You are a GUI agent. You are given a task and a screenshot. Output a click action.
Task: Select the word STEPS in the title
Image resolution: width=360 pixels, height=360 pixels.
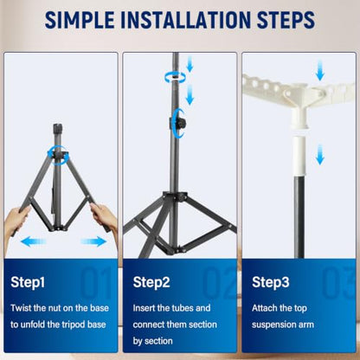coord(286,20)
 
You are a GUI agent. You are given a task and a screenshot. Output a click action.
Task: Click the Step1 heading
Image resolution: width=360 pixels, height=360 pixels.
coord(28,282)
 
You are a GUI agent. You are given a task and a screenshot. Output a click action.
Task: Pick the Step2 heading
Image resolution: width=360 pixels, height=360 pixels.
coord(151,282)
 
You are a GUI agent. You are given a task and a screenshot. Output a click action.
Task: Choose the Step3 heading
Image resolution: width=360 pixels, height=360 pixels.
coord(271,282)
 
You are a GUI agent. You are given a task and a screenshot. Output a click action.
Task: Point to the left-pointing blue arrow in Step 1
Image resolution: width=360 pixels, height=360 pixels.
coord(34,241)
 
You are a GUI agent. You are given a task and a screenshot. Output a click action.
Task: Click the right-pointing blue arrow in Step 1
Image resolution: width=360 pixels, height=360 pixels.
coord(93,241)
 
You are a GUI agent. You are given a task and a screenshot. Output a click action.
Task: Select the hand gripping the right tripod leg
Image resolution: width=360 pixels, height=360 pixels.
coord(104,218)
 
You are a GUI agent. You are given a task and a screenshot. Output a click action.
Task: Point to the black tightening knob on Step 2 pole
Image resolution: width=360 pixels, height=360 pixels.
coord(180,124)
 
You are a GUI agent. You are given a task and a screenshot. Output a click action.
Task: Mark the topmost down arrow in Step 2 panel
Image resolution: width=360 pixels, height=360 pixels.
coord(190,64)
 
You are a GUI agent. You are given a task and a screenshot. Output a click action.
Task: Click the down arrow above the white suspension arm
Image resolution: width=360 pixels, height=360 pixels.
coord(319,71)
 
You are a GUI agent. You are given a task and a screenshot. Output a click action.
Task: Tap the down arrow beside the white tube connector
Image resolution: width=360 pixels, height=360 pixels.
coord(320,155)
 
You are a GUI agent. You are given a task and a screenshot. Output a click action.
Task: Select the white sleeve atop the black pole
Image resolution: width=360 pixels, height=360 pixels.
coord(299,156)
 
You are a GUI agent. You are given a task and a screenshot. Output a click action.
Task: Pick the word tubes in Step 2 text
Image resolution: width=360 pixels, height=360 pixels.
coord(184,308)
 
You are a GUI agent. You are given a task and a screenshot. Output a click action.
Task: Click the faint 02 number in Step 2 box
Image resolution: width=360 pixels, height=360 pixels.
coord(219,282)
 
